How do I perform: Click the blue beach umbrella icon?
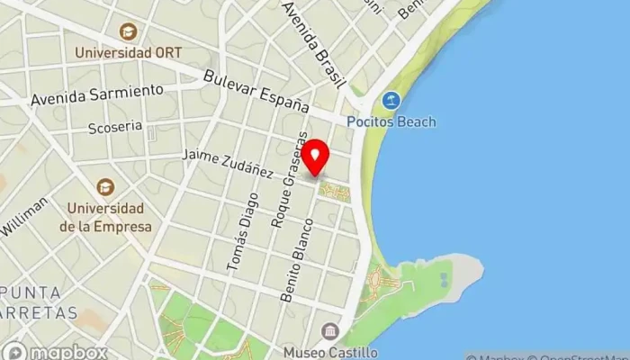click(391, 101)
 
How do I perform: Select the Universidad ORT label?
click(129, 53)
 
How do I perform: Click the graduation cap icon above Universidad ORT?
click(129, 31)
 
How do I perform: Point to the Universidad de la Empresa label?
click(106, 218)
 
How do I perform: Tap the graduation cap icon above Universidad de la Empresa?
click(106, 187)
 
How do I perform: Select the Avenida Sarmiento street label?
click(97, 94)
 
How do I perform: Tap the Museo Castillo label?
click(329, 352)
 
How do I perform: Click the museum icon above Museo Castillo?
click(329, 330)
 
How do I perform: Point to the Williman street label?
click(24, 219)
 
